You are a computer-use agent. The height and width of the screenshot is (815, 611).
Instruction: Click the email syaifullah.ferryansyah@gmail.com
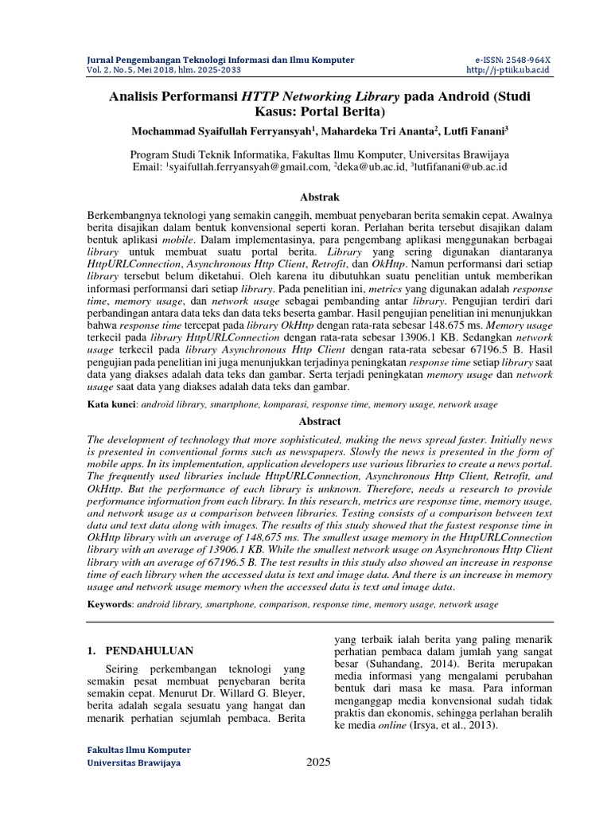pyautogui.click(x=247, y=167)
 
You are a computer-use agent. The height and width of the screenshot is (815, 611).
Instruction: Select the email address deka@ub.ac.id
pyautogui.click(x=371, y=167)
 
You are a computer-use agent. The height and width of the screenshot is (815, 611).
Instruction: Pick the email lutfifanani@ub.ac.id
pyautogui.click(x=462, y=167)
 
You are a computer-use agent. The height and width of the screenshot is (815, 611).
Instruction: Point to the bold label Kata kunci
pyautogui.click(x=111, y=405)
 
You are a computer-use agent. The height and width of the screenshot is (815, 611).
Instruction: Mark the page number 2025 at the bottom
pyautogui.click(x=318, y=762)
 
